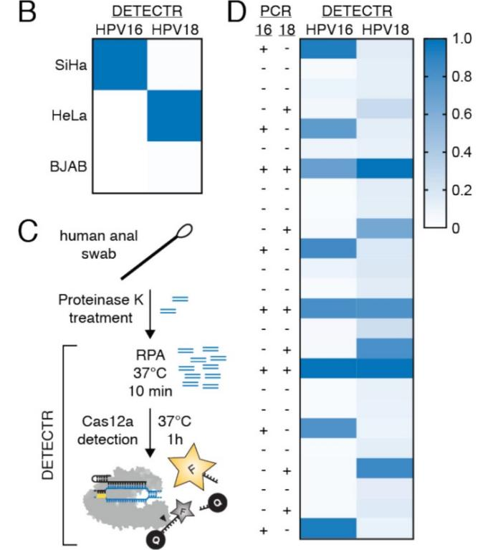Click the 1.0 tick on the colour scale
click(x=461, y=40)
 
